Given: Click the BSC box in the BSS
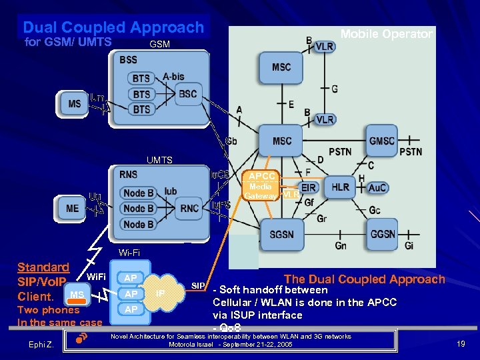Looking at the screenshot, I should [187, 94].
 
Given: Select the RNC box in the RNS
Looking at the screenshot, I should [189, 208].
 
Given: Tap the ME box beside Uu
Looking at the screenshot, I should [72, 208].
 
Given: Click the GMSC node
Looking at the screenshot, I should [382, 141].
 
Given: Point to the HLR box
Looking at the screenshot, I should [340, 187].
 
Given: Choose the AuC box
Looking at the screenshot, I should [377, 188].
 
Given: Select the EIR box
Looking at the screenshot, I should [308, 187].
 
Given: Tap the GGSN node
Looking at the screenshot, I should [383, 235].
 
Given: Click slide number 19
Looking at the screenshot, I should [460, 344].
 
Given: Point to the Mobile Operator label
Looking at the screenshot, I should [386, 34].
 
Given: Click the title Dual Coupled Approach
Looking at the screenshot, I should [113, 27].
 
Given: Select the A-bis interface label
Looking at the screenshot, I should [173, 77].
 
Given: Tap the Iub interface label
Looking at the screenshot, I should [170, 191].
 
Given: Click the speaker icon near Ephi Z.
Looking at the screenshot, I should [78, 339].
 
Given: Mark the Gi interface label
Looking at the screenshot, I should [409, 246].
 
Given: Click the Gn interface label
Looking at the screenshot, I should [341, 246].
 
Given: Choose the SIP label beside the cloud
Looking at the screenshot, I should [199, 285].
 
